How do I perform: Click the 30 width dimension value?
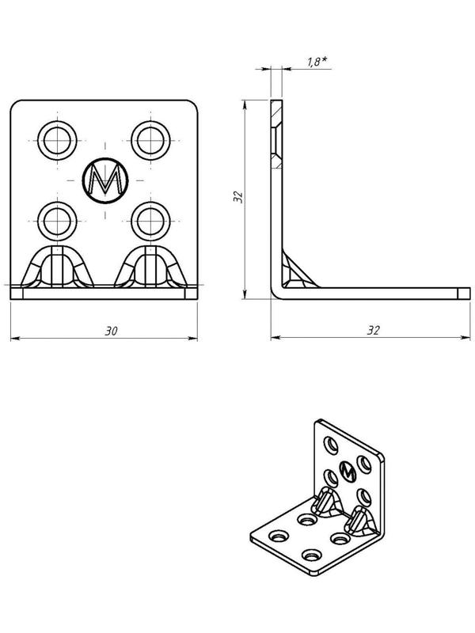[112, 331]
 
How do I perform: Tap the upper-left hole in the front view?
[58, 140]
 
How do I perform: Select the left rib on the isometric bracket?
[325, 503]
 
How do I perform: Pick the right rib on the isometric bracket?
[360, 521]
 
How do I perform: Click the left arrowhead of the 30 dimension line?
[13, 339]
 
